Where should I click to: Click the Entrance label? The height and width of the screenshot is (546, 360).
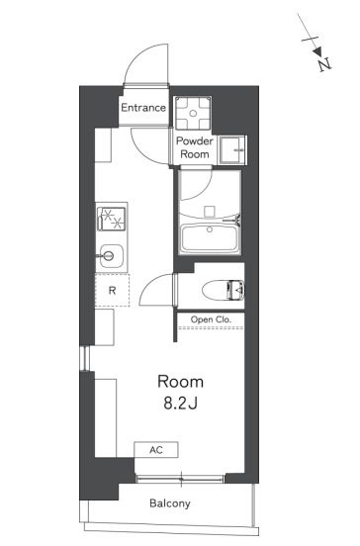click(x=143, y=108)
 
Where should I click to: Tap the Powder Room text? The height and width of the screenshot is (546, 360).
click(x=195, y=147)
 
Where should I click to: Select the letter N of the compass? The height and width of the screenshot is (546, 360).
click(x=324, y=64)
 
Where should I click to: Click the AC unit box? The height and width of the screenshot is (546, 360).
click(x=156, y=449)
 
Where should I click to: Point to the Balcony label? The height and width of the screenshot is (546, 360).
click(x=170, y=503)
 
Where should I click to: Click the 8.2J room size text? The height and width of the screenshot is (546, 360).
click(x=181, y=403)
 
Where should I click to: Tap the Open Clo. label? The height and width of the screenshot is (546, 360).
click(x=211, y=319)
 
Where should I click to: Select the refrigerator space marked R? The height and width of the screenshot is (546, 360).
click(x=112, y=290)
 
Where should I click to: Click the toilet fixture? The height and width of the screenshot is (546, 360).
click(x=224, y=290)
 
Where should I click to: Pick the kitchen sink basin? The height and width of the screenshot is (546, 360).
click(x=112, y=256)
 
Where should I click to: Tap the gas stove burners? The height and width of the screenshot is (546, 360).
click(x=112, y=219)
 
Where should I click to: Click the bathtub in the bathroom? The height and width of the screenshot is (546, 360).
click(x=210, y=239)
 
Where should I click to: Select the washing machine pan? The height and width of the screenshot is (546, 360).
click(x=193, y=113)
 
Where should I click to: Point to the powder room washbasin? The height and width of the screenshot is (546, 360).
click(x=233, y=150)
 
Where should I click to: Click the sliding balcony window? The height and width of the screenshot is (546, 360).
click(x=180, y=479)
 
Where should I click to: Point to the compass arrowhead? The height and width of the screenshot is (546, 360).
click(x=316, y=51)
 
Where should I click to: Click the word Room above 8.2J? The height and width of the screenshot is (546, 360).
click(x=180, y=382)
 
